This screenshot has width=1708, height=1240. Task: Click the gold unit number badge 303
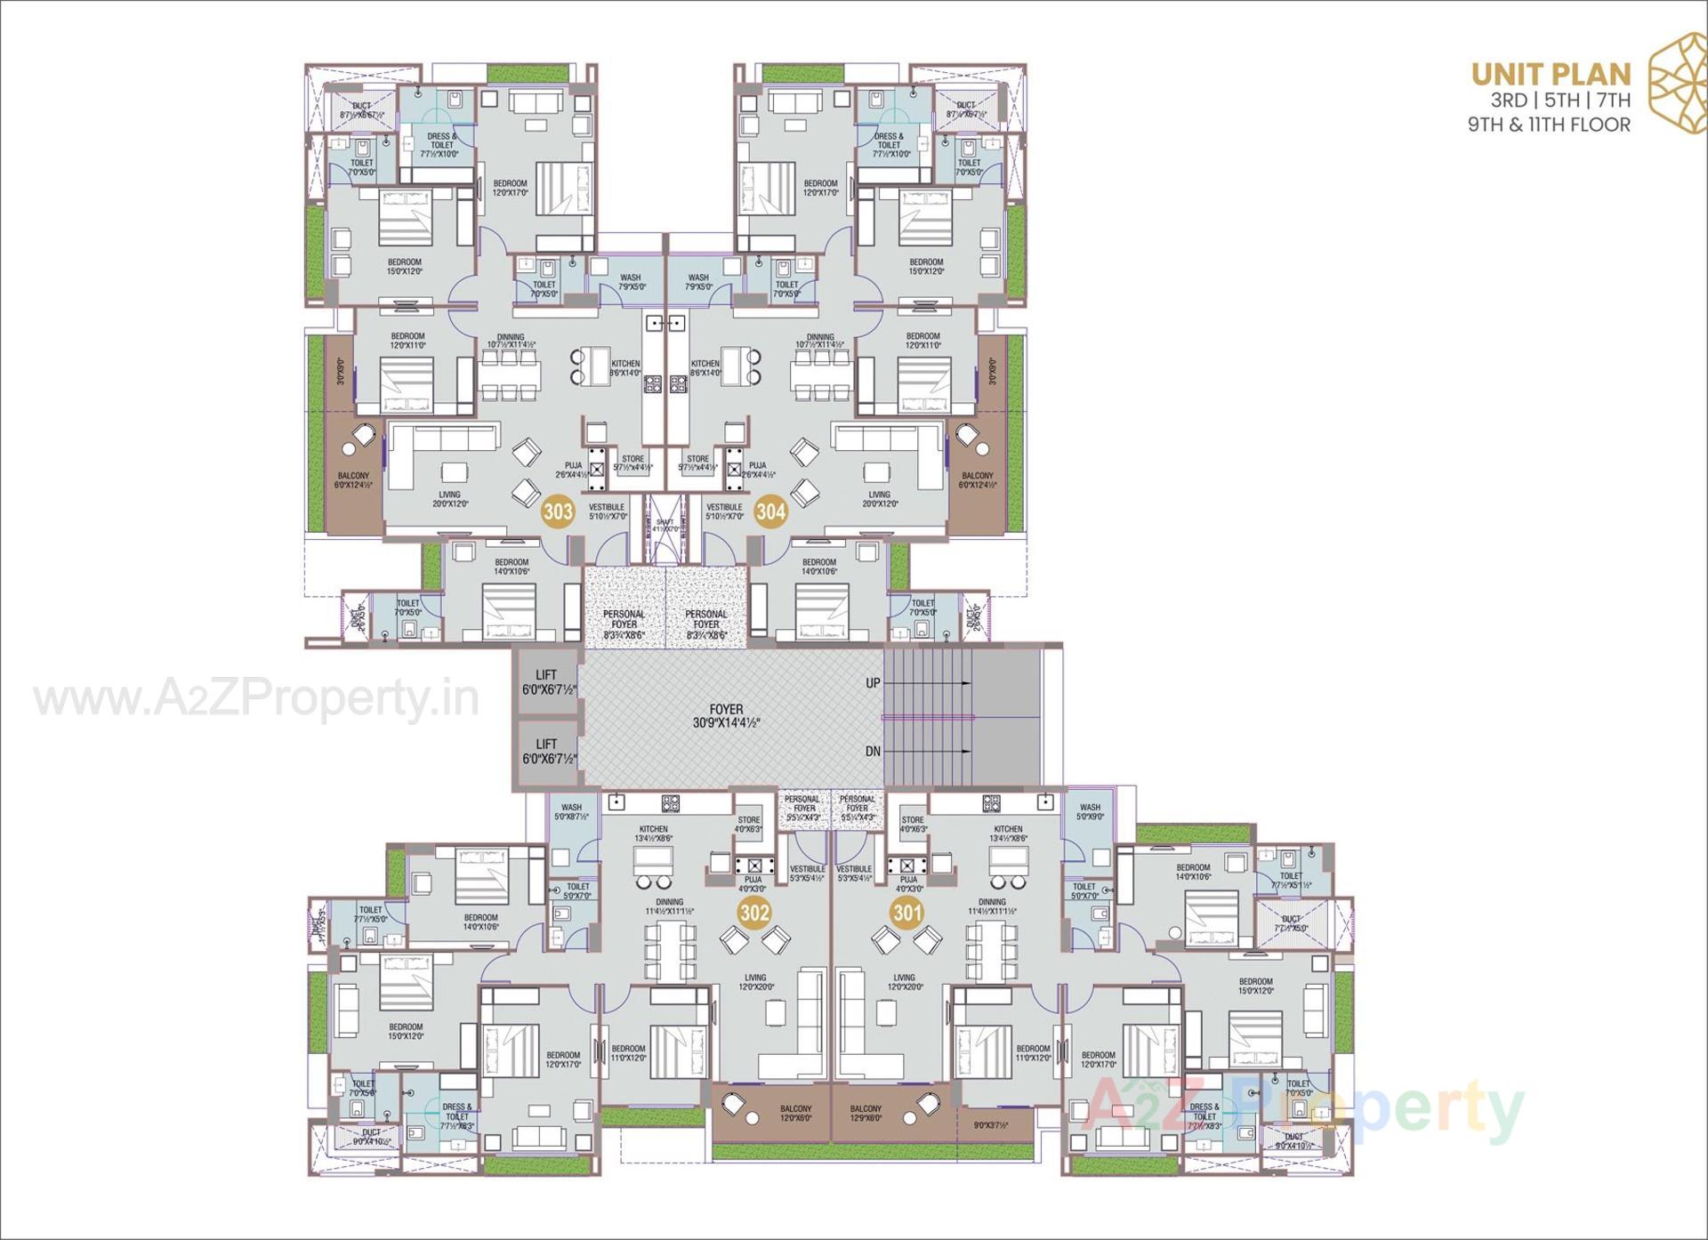[x=558, y=511]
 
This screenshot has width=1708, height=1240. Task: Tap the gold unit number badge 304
[x=770, y=511]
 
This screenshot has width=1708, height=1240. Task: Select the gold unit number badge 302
[x=755, y=913]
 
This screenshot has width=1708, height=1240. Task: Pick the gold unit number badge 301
[x=907, y=913]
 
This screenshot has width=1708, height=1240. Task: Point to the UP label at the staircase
[x=873, y=683]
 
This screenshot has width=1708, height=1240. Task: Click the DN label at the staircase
[x=873, y=752]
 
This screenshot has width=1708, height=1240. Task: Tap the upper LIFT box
[x=547, y=682]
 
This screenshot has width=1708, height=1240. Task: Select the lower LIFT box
[x=547, y=752]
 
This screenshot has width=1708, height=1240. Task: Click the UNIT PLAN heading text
[x=1551, y=74]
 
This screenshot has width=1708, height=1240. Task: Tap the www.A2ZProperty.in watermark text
[x=256, y=699]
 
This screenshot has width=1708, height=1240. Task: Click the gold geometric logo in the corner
[x=1677, y=82]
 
